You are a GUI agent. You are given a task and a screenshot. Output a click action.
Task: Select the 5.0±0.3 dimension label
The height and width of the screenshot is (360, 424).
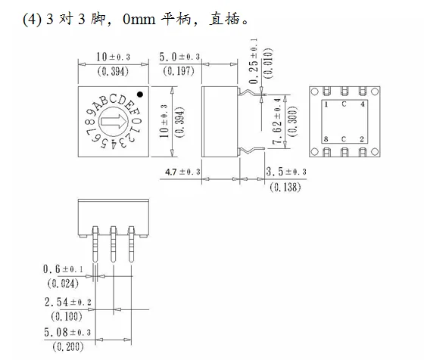(179, 57)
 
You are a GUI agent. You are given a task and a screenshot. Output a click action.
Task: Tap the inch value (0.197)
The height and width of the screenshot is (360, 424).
(179, 71)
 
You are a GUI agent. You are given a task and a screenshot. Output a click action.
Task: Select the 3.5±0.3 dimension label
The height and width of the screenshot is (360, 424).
(286, 172)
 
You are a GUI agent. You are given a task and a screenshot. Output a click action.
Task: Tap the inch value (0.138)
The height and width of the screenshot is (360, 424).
(285, 186)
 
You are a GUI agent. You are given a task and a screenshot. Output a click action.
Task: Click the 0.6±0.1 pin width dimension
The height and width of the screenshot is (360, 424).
(64, 269)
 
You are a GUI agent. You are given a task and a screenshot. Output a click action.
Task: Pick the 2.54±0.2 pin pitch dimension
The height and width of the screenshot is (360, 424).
(67, 301)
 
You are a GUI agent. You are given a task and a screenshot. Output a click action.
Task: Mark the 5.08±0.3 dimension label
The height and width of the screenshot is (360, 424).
(67, 332)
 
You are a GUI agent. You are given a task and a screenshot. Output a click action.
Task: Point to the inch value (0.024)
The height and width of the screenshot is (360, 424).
(64, 284)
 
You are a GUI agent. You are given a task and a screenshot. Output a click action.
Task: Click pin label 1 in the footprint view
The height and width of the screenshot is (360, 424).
(326, 104)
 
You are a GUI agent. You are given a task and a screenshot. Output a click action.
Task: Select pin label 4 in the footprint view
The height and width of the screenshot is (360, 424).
(362, 104)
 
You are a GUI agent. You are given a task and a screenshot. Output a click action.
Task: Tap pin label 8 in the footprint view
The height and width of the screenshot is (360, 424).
(326, 139)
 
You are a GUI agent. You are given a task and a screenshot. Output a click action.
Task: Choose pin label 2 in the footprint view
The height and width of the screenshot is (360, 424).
(362, 139)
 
